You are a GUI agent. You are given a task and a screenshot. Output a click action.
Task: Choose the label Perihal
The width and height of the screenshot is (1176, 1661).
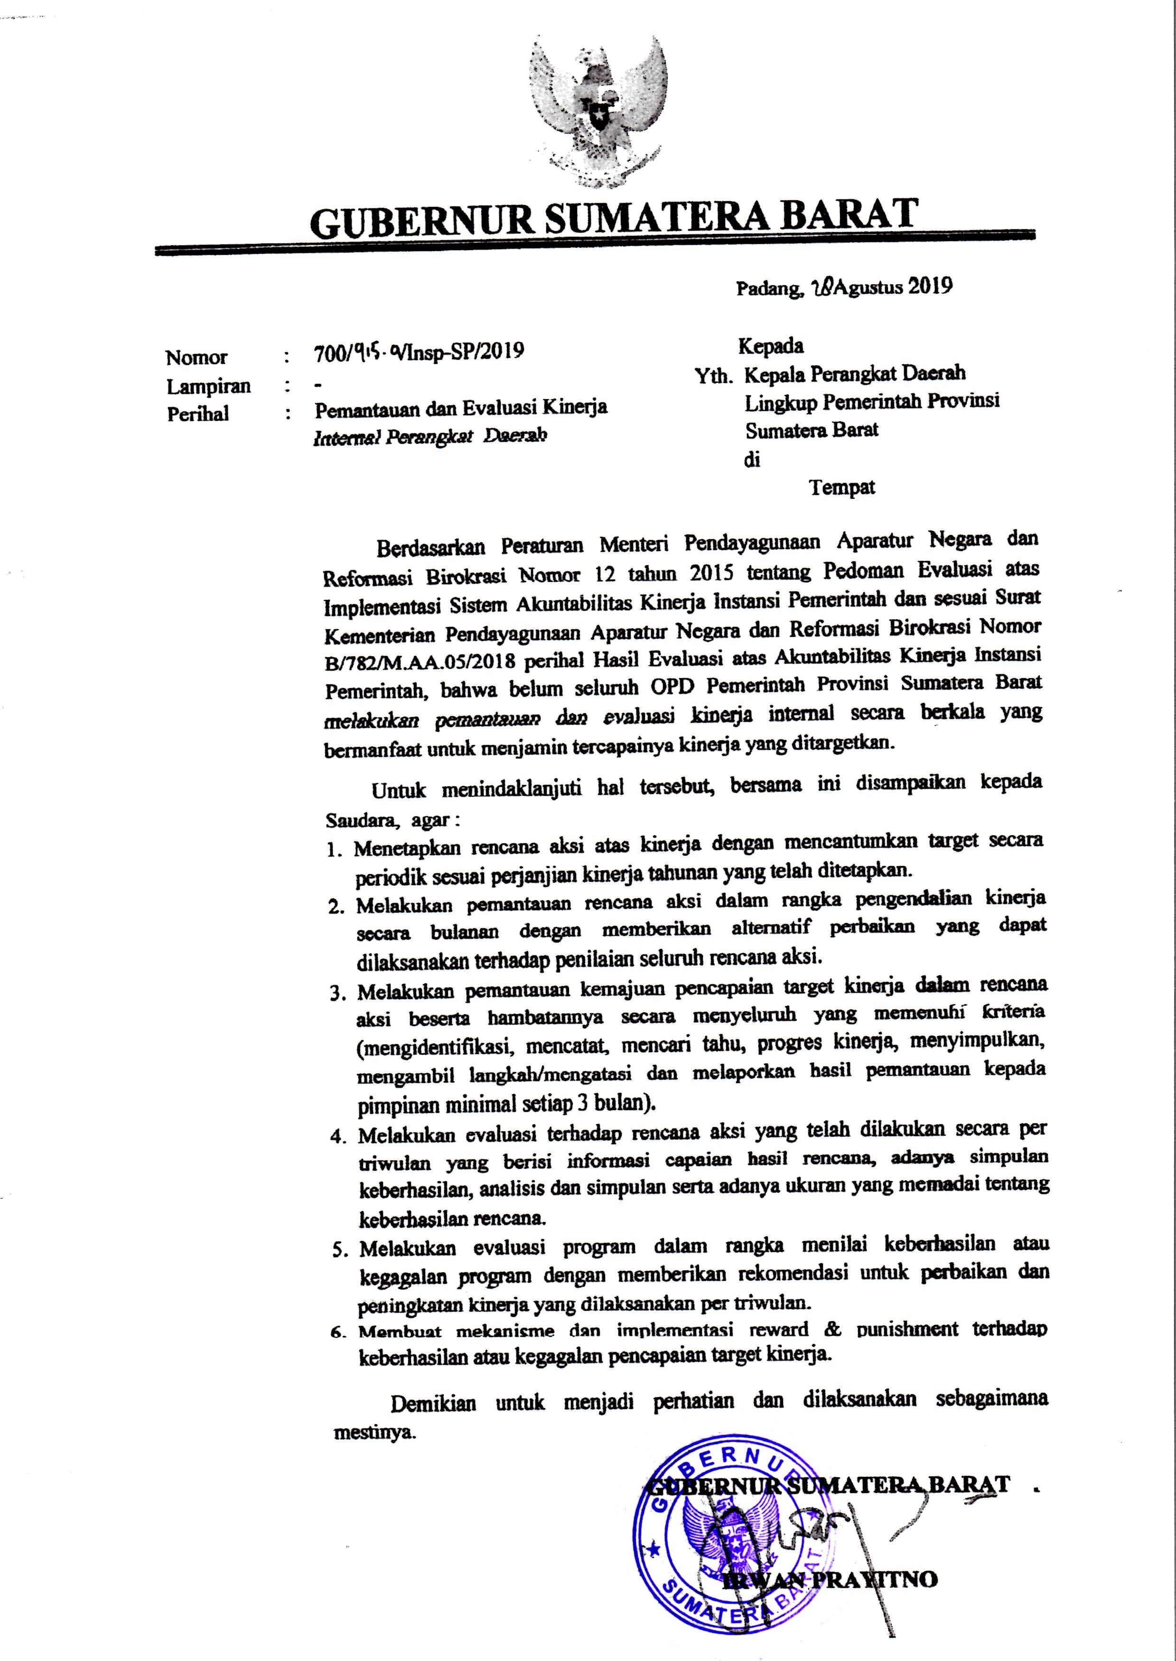(198, 414)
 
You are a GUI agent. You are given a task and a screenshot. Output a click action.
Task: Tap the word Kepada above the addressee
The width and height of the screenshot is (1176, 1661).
(771, 346)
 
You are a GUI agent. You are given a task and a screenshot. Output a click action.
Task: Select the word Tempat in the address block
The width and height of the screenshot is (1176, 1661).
(842, 488)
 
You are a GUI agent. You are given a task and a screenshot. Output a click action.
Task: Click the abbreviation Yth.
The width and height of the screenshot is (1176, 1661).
(714, 375)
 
